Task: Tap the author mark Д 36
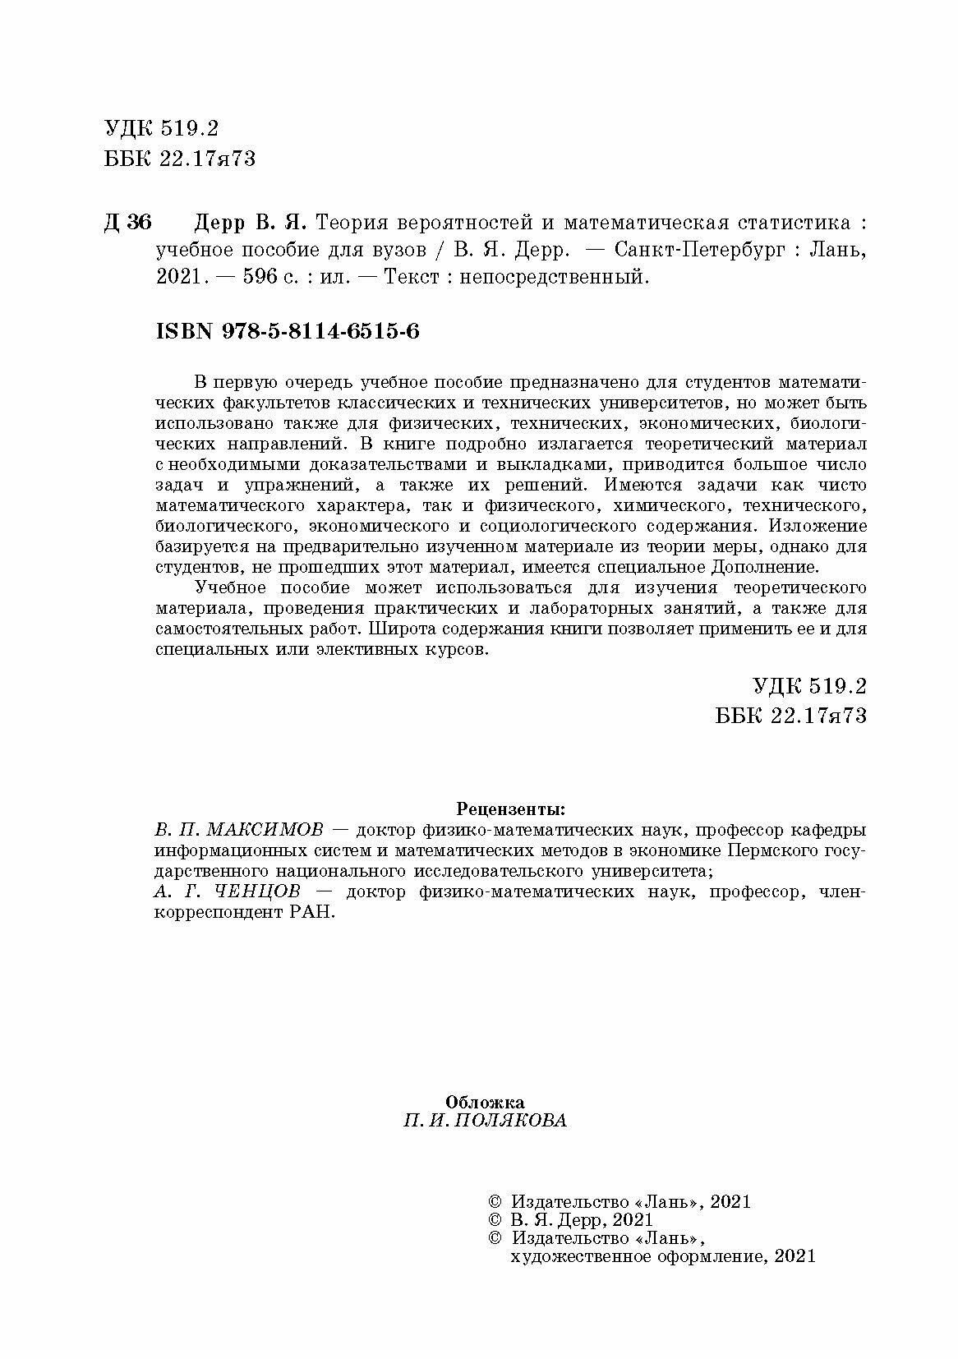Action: (128, 223)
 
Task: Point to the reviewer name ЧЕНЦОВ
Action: (247, 892)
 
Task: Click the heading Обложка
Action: (485, 1102)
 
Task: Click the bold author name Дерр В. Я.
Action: (250, 223)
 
